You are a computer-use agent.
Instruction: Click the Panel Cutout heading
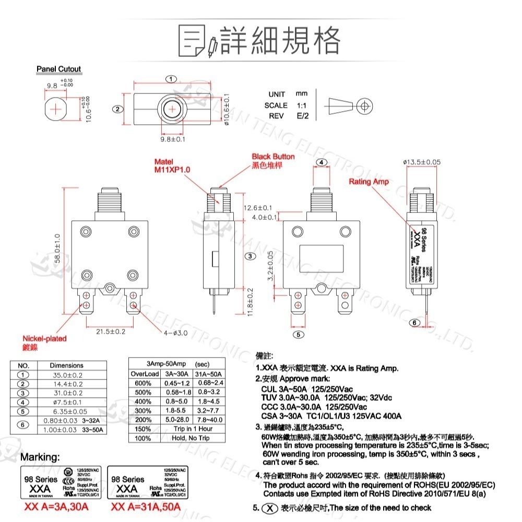coord(58,69)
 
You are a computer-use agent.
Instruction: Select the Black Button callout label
coord(272,157)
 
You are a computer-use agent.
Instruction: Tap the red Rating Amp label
coord(369,182)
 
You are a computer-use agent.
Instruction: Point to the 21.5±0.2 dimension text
coord(110,331)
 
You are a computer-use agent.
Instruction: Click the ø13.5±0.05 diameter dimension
coord(422,162)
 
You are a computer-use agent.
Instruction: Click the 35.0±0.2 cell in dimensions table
coord(66,375)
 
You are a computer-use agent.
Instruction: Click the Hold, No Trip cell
coord(191,438)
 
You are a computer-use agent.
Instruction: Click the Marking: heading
coord(40,457)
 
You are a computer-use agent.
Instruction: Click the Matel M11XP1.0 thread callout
coord(172,166)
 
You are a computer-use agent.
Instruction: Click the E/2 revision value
coord(303,116)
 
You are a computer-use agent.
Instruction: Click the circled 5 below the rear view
coord(298,335)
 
